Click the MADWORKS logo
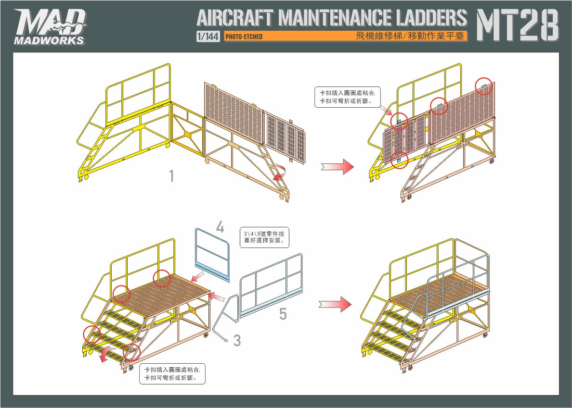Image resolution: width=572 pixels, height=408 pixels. point(50,27)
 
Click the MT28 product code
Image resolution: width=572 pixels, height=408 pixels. point(517,25)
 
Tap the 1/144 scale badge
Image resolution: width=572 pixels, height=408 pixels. point(208,37)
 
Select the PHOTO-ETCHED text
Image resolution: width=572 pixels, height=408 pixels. point(244,37)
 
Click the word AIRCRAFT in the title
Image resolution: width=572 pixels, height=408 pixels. point(235,18)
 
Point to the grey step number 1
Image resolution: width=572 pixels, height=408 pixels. point(171,176)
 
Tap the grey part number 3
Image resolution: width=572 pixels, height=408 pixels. point(237,341)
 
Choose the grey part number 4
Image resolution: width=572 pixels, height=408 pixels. point(220,227)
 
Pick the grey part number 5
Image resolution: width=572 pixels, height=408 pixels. point(283,314)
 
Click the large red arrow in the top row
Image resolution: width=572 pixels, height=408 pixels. point(338,167)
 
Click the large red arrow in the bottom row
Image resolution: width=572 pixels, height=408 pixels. point(335,304)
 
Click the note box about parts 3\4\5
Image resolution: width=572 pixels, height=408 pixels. point(264,237)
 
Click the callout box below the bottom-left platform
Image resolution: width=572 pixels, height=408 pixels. point(172,374)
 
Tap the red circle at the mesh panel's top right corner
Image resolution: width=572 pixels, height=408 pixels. point(484,86)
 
